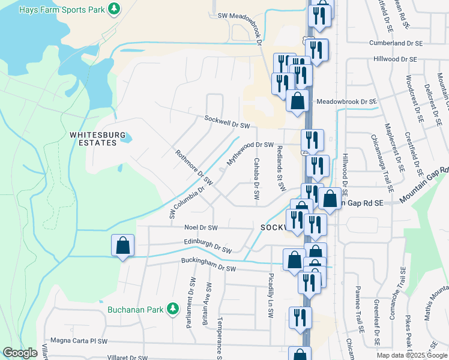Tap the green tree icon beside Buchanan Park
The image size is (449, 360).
pos(173,308)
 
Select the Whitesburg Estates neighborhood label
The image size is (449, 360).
pos(93,139)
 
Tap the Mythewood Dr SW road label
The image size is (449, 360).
pos(250,154)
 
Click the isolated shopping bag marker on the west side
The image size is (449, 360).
pos(122,245)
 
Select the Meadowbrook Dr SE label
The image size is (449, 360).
pos(346,103)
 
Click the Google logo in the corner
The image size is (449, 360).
pos(20,353)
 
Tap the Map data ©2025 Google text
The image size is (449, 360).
pos(411,355)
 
